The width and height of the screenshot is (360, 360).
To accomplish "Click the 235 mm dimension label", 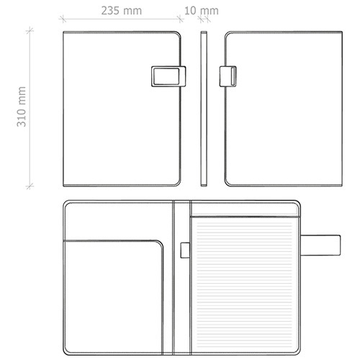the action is pyautogui.click(x=122, y=11).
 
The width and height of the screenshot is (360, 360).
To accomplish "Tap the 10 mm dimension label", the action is pyautogui.click(x=202, y=11).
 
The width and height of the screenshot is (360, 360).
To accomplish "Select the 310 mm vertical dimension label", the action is pyautogui.click(x=22, y=107).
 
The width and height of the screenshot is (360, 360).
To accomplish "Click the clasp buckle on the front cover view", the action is pyautogui.click(x=168, y=76).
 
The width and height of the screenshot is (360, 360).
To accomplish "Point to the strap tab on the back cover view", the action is pyautogui.click(x=228, y=76).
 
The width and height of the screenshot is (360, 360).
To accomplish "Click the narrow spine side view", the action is pyautogui.click(x=204, y=109).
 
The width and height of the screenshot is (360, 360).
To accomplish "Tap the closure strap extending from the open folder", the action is pyautogui.click(x=320, y=245).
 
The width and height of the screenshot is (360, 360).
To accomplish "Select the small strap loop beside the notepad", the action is pyautogui.click(x=185, y=251).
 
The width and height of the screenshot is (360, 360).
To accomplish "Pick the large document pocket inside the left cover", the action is pyautogui.click(x=113, y=297).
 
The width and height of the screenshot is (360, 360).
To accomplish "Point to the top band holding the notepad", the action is pyautogui.click(x=245, y=210).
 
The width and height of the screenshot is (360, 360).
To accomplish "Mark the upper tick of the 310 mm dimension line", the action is pyautogui.click(x=30, y=30).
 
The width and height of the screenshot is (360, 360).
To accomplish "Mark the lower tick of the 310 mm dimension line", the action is pyautogui.click(x=30, y=186).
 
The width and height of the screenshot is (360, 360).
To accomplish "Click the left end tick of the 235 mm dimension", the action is pyautogui.click(x=63, y=19).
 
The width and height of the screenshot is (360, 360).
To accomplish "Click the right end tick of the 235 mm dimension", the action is pyautogui.click(x=180, y=19).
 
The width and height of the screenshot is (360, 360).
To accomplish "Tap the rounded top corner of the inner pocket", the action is pyautogui.click(x=159, y=244).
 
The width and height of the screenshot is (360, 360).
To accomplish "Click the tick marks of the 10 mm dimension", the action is pyautogui.click(x=204, y=19).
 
